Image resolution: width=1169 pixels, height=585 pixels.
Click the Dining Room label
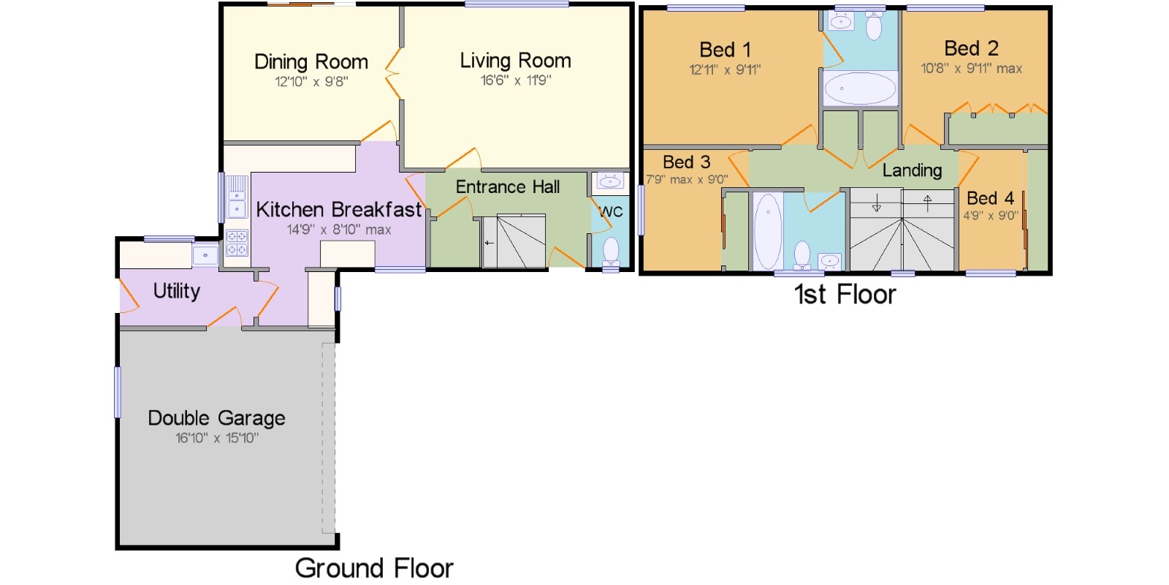click(x=311, y=61)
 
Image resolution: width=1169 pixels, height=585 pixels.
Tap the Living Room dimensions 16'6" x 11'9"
click(x=516, y=80)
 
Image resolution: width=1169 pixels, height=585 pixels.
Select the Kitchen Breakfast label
click(x=339, y=209)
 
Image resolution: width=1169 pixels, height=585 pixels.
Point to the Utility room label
click(x=176, y=291)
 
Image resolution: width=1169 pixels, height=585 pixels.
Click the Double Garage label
click(x=216, y=418)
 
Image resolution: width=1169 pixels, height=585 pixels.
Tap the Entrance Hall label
click(x=508, y=186)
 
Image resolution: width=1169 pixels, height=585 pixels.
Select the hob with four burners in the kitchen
click(x=237, y=243)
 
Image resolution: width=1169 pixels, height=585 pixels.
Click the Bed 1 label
click(x=726, y=50)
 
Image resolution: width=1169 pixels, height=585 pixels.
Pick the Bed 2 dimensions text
click(x=971, y=69)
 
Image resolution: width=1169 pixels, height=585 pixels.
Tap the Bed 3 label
click(x=687, y=162)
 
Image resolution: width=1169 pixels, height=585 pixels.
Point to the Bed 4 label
click(x=990, y=198)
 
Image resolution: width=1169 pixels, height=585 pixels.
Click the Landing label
click(x=913, y=170)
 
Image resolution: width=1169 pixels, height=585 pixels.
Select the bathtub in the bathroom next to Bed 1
click(x=860, y=88)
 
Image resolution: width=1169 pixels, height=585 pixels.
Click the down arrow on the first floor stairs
click(x=876, y=203)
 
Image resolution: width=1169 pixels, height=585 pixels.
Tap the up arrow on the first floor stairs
click(x=927, y=203)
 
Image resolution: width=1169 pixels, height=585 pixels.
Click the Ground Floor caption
click(x=374, y=567)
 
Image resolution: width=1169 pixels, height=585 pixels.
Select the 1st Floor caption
click(x=845, y=294)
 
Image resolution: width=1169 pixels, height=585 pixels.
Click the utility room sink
click(x=205, y=256)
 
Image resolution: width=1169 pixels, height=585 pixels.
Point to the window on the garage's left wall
click(x=118, y=392)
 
